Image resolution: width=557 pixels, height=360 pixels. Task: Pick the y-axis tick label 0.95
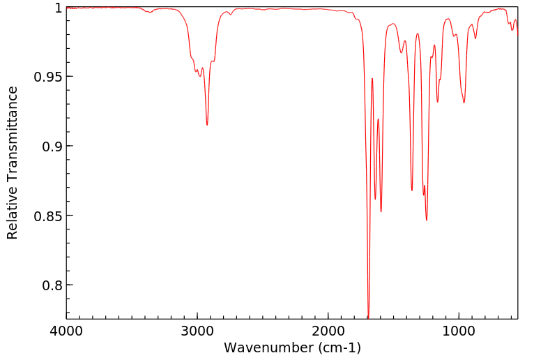click(x=48, y=77)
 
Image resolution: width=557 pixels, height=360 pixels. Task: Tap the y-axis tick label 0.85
click(x=48, y=216)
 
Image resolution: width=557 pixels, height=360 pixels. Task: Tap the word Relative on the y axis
click(x=13, y=212)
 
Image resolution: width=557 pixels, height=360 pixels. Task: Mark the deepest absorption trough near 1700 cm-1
click(x=368, y=316)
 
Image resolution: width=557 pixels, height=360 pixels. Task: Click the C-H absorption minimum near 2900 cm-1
click(x=207, y=124)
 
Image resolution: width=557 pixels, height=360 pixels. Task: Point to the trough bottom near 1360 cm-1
click(x=412, y=190)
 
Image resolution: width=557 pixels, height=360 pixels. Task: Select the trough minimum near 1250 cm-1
click(x=427, y=220)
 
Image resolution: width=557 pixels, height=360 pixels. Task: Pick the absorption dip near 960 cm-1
click(x=464, y=103)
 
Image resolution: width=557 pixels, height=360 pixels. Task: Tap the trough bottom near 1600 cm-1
click(x=381, y=211)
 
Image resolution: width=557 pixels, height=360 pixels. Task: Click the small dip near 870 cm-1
click(x=475, y=38)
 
